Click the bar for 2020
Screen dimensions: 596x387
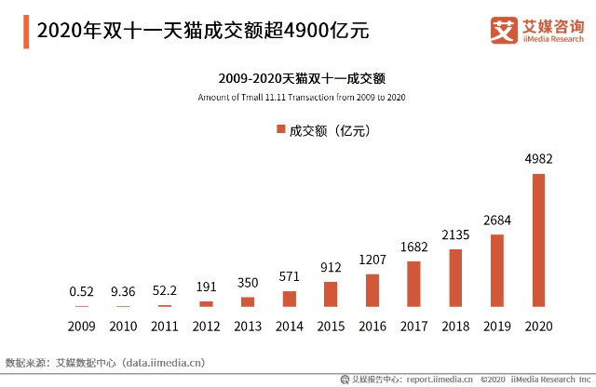tap(538, 240)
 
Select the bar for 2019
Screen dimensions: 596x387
tap(496, 271)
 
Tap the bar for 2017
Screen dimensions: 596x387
tap(413, 284)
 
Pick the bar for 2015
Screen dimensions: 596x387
tap(331, 294)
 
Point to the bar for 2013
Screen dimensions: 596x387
tap(248, 302)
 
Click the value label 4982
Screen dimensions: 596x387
tap(538, 159)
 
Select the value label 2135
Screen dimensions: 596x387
tap(455, 234)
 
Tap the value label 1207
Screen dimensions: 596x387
tap(372, 260)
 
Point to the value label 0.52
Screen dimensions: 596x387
tap(81, 291)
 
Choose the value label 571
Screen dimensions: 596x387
tap(290, 276)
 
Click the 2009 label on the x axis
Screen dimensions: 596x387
tap(81, 327)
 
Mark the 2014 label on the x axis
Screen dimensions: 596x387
tap(290, 327)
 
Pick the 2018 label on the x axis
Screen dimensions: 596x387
tap(455, 327)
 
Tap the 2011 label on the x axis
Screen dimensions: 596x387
tap(164, 327)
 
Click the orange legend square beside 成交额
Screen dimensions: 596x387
tap(281, 129)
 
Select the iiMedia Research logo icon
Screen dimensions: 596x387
tap(504, 30)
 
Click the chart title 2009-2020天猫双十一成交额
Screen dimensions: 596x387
tap(302, 79)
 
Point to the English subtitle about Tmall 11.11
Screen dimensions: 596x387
tap(302, 98)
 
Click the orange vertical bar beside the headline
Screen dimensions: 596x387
tap(26, 32)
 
